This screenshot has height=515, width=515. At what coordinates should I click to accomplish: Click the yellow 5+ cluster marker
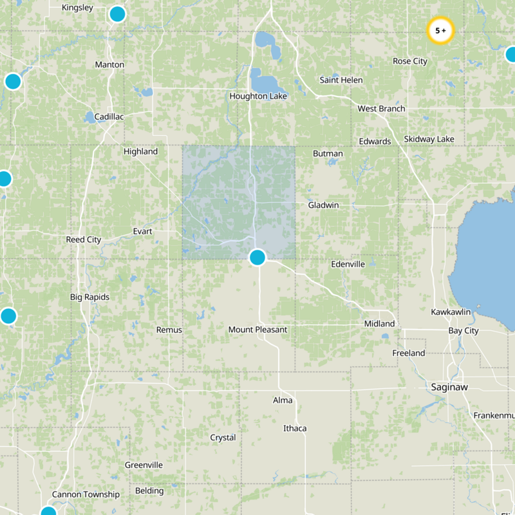point(441,30)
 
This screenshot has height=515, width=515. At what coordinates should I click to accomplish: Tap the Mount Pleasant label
point(257,330)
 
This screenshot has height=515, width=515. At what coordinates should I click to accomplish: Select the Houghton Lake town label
point(258,96)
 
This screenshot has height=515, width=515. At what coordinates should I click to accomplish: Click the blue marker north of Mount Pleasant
point(257,257)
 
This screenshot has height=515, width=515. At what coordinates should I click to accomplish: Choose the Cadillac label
point(109,117)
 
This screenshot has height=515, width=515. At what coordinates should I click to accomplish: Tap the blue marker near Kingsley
point(117,14)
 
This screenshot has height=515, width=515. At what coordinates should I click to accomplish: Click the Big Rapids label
point(89,297)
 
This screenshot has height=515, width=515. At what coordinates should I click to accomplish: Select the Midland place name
point(379,323)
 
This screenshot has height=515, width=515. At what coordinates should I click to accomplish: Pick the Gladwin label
point(323,205)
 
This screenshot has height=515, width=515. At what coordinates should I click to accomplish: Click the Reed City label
point(84,239)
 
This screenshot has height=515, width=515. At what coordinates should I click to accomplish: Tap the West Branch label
point(382,109)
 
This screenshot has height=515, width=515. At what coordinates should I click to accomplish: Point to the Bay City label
point(464,331)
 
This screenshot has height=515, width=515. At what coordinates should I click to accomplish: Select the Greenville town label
point(144,465)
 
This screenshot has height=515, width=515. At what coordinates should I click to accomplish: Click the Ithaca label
point(295,428)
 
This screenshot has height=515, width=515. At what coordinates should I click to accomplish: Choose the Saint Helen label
point(341,80)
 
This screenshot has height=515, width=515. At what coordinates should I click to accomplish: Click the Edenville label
point(348,264)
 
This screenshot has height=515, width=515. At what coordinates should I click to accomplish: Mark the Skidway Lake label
point(429,139)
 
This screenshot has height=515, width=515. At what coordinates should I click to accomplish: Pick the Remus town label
point(169,330)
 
